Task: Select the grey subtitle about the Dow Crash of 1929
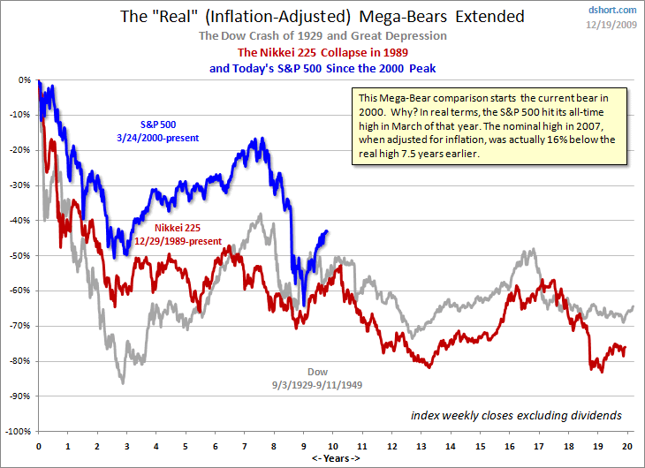(322, 36)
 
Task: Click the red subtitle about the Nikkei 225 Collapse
(322, 52)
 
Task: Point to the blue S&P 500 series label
(158, 125)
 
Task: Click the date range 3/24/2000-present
(158, 138)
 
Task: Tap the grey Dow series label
(317, 371)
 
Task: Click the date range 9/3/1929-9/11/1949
(317, 384)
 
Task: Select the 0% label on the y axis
(24, 79)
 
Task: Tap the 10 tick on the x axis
(332, 446)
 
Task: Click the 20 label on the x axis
(626, 446)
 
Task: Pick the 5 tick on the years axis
(186, 446)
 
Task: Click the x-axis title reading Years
(333, 458)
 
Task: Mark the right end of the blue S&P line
(328, 231)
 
